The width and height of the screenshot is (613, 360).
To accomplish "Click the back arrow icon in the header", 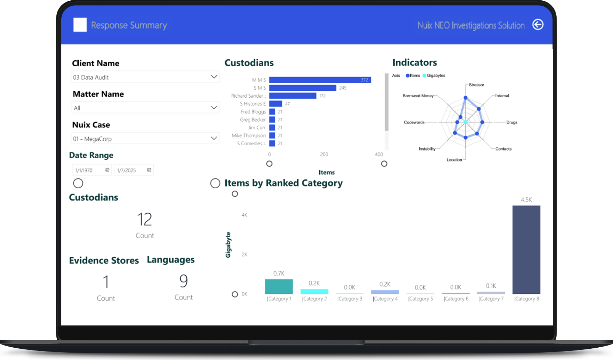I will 538,25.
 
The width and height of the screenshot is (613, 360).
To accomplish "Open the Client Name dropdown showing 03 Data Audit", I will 145,77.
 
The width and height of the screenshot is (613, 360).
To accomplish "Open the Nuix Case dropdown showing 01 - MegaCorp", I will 145,139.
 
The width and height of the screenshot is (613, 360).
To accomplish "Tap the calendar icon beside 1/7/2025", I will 149,170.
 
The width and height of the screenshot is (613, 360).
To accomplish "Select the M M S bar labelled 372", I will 320,80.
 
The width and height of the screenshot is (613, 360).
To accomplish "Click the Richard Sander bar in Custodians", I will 293,96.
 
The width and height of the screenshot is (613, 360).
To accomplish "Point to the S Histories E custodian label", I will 252,104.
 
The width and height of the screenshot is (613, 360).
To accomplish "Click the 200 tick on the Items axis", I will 324,154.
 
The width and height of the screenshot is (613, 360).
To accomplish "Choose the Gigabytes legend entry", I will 435,75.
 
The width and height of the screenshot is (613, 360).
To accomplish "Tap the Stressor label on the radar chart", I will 476,85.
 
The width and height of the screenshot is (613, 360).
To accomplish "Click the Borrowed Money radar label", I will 418,96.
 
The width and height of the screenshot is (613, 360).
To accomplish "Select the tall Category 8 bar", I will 526,250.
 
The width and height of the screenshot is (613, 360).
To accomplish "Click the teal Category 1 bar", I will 279,287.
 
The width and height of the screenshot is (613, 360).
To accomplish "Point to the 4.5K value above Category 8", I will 526,200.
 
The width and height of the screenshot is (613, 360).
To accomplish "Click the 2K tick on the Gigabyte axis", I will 244,255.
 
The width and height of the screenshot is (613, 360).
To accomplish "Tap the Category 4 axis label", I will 385,299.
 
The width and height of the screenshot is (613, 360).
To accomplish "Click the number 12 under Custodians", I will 145,219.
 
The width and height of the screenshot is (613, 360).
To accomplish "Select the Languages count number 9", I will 183,281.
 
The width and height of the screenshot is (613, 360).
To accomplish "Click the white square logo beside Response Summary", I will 80,25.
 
